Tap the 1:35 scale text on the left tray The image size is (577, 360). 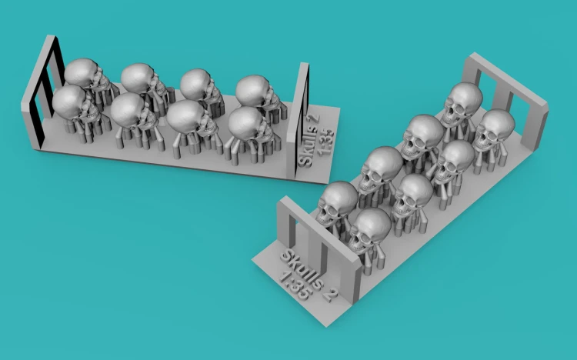(x=325, y=142)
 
